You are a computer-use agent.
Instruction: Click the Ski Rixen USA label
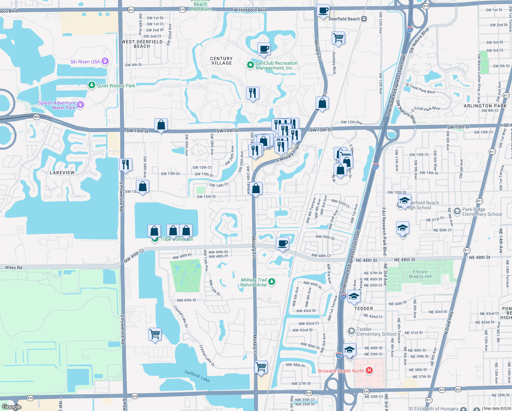[x=85, y=62]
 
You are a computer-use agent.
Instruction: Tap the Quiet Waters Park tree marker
[x=91, y=85]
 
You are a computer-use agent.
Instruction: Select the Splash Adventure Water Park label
[x=56, y=105]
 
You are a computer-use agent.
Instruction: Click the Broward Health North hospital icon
[x=369, y=370]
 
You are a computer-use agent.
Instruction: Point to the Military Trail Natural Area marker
[x=272, y=282]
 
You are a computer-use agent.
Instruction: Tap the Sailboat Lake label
[x=197, y=376]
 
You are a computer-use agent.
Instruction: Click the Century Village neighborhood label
[x=221, y=61]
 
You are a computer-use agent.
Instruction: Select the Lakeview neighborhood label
[x=62, y=173]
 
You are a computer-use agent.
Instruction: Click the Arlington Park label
[x=485, y=106]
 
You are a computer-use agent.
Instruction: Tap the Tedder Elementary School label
[x=376, y=332]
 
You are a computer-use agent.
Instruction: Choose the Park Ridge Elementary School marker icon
[x=457, y=211]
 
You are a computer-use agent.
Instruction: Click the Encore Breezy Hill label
[x=420, y=274]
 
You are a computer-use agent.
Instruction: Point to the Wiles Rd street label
[x=14, y=267]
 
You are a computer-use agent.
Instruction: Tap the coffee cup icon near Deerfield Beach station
[x=323, y=11]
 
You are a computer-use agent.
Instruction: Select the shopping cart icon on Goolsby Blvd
[x=338, y=38]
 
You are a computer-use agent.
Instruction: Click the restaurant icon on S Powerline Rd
[x=126, y=164]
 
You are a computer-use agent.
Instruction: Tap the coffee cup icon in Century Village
[x=264, y=49]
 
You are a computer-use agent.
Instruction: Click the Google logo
[x=12, y=407]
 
